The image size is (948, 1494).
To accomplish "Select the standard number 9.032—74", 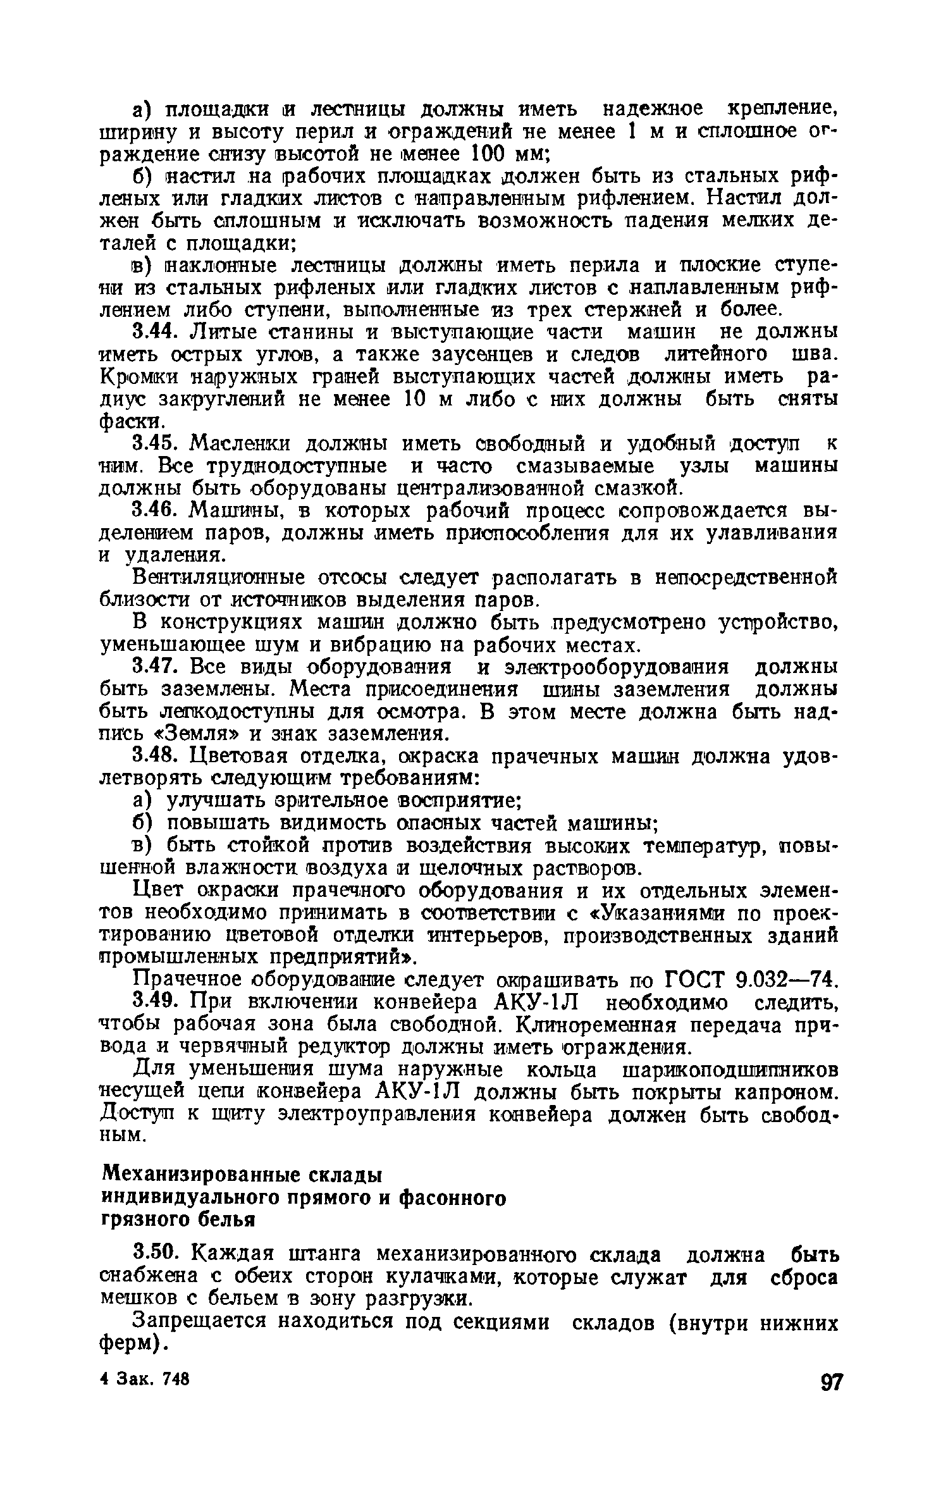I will click(786, 980).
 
